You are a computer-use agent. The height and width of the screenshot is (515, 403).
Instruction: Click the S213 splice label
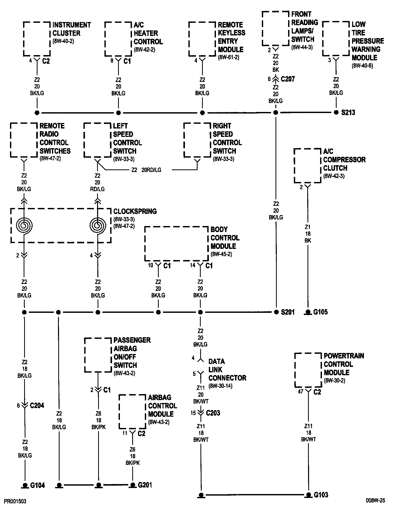coord(348,113)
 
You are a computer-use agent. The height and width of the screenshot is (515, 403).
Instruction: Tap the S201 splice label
coord(288,312)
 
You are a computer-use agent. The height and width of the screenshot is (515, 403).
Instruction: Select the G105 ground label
coord(320,312)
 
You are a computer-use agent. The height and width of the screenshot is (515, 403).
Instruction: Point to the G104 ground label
coord(38,485)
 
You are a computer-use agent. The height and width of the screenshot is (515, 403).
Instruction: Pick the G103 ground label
coord(321,495)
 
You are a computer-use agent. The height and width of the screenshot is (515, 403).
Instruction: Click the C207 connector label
coord(288,79)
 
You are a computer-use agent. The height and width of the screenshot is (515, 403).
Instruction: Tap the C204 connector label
coord(37,405)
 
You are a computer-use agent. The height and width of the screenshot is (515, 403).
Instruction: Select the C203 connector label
coord(213,413)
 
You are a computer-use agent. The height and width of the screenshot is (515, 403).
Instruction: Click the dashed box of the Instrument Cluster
coord(37,39)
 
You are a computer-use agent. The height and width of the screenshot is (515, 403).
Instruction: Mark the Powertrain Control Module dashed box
coord(308,370)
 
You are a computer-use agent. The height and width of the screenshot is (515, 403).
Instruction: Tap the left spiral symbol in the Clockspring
coord(24,225)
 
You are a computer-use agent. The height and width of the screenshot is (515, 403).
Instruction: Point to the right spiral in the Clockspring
coord(98,225)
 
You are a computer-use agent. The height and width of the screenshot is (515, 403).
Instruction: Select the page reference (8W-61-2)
coord(228,57)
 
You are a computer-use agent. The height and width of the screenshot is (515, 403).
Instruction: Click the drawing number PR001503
coord(15,501)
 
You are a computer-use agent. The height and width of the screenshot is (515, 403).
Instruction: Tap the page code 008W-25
coord(375,501)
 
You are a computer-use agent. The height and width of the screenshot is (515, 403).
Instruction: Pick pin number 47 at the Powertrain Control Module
coord(301,391)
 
